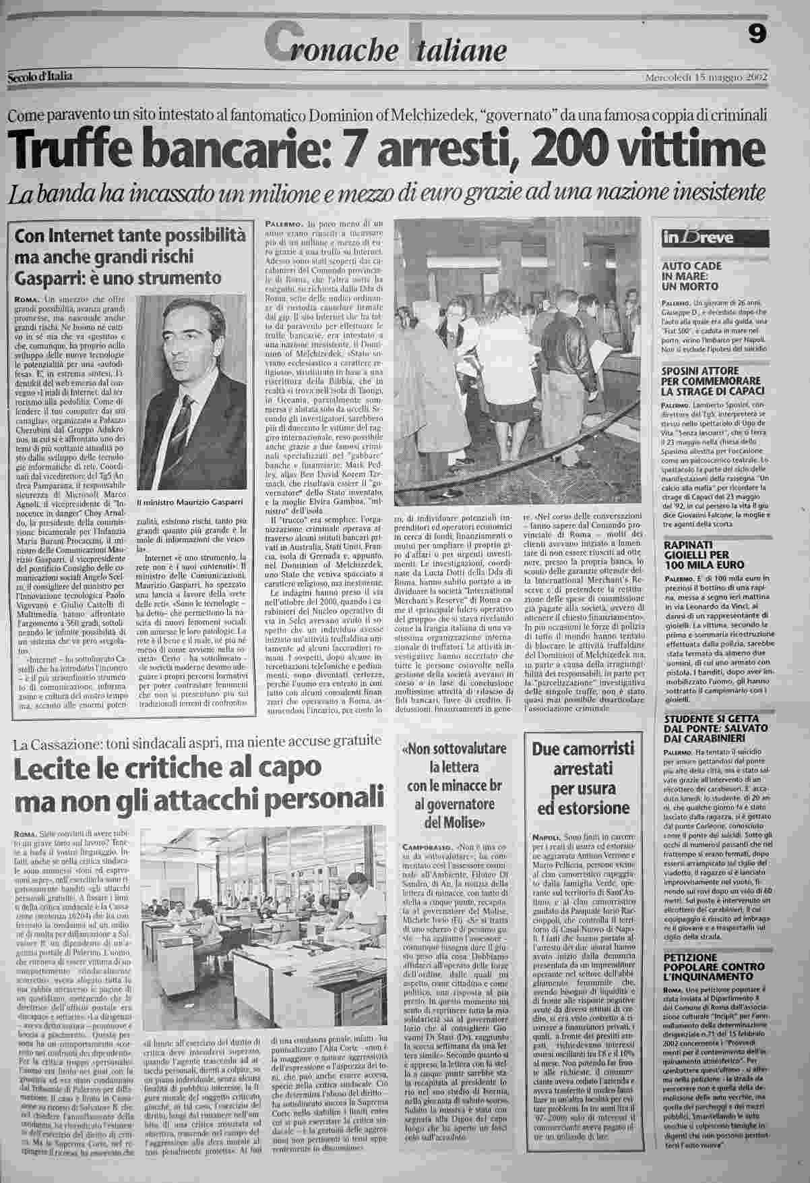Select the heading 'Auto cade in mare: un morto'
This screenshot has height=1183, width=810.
click(696, 276)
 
